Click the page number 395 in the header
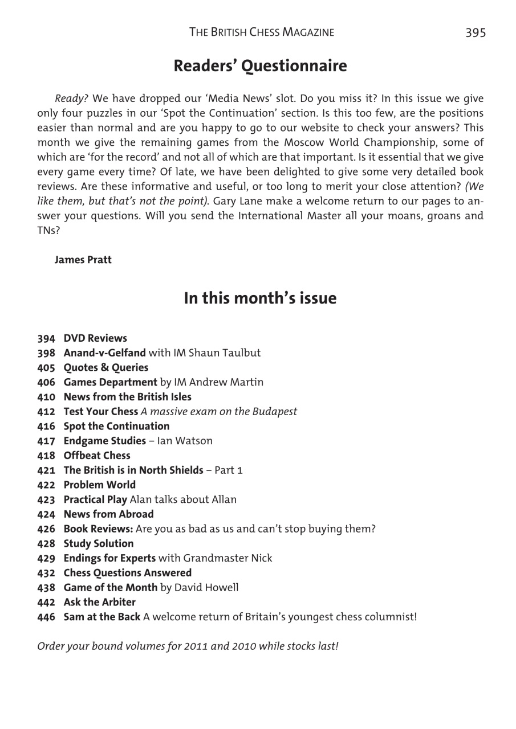point(475,33)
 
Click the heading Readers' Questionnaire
point(260,66)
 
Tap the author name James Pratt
point(83,260)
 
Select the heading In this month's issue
point(260,298)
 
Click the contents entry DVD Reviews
point(95,338)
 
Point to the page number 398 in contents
point(46,353)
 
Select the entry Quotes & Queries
point(106,368)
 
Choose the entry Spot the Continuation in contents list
point(116,426)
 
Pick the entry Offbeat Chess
point(97,456)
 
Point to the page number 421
point(46,470)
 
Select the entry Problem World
point(100,485)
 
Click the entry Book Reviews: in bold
point(99,529)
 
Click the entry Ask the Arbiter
point(100,601)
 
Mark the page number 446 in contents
point(46,616)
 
